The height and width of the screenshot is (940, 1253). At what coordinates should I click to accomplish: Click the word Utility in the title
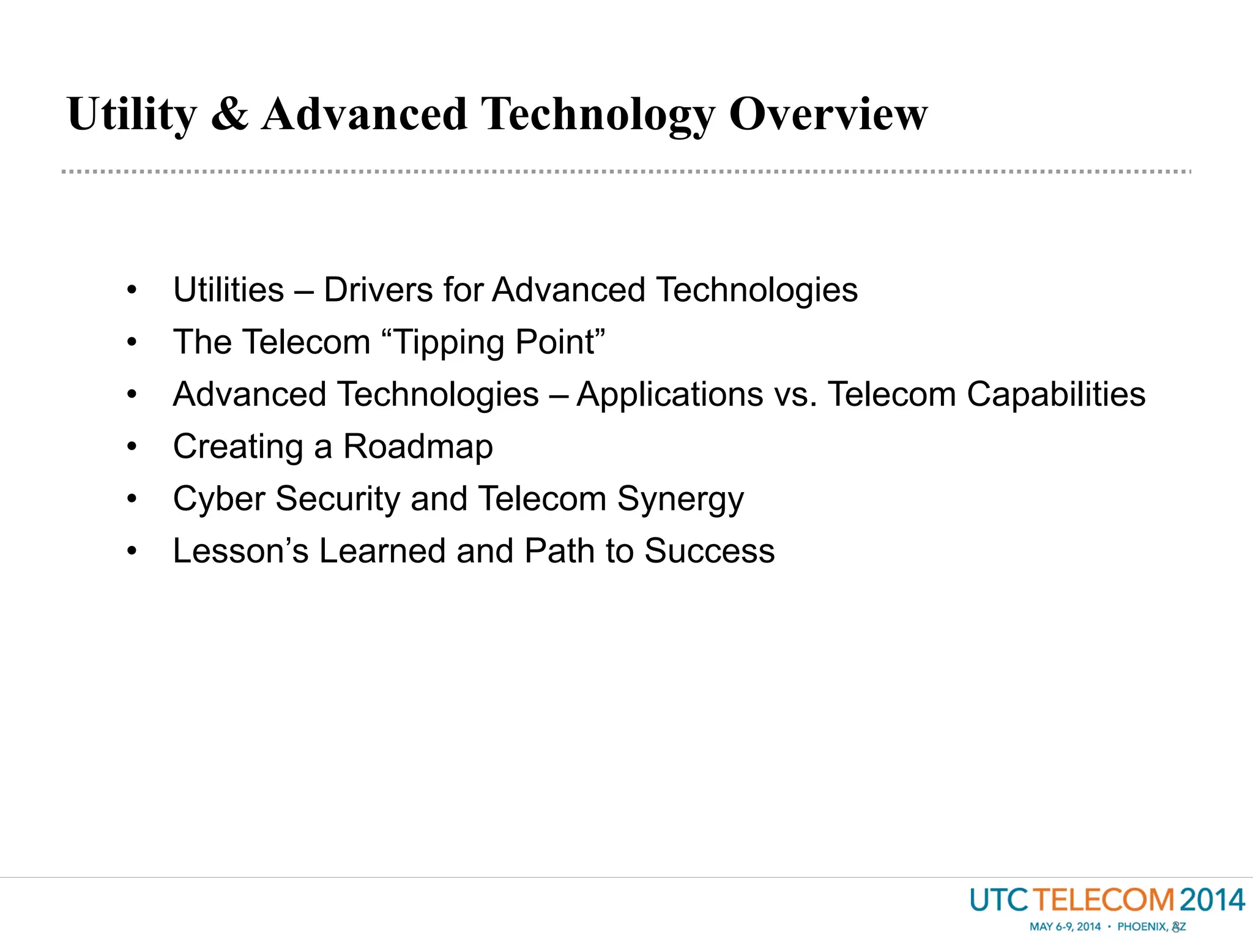(132, 114)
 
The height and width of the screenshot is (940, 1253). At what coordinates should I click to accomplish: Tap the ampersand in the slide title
(229, 114)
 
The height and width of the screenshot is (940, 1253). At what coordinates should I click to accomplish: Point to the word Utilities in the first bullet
(228, 289)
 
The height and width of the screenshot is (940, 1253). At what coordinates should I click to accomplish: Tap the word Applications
(669, 395)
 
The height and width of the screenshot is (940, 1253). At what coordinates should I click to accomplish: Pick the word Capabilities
(1055, 395)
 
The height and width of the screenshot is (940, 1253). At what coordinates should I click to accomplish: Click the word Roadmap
(418, 447)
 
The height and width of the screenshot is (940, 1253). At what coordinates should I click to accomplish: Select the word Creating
(238, 447)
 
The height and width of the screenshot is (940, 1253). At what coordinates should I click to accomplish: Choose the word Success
(710, 551)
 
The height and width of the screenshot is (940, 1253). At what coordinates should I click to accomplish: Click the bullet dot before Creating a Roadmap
(132, 447)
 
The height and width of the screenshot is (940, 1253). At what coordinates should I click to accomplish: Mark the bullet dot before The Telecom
(132, 342)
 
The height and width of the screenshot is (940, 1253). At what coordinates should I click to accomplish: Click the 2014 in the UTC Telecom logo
(1212, 900)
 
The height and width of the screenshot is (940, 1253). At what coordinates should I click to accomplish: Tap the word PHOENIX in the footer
(1141, 927)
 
